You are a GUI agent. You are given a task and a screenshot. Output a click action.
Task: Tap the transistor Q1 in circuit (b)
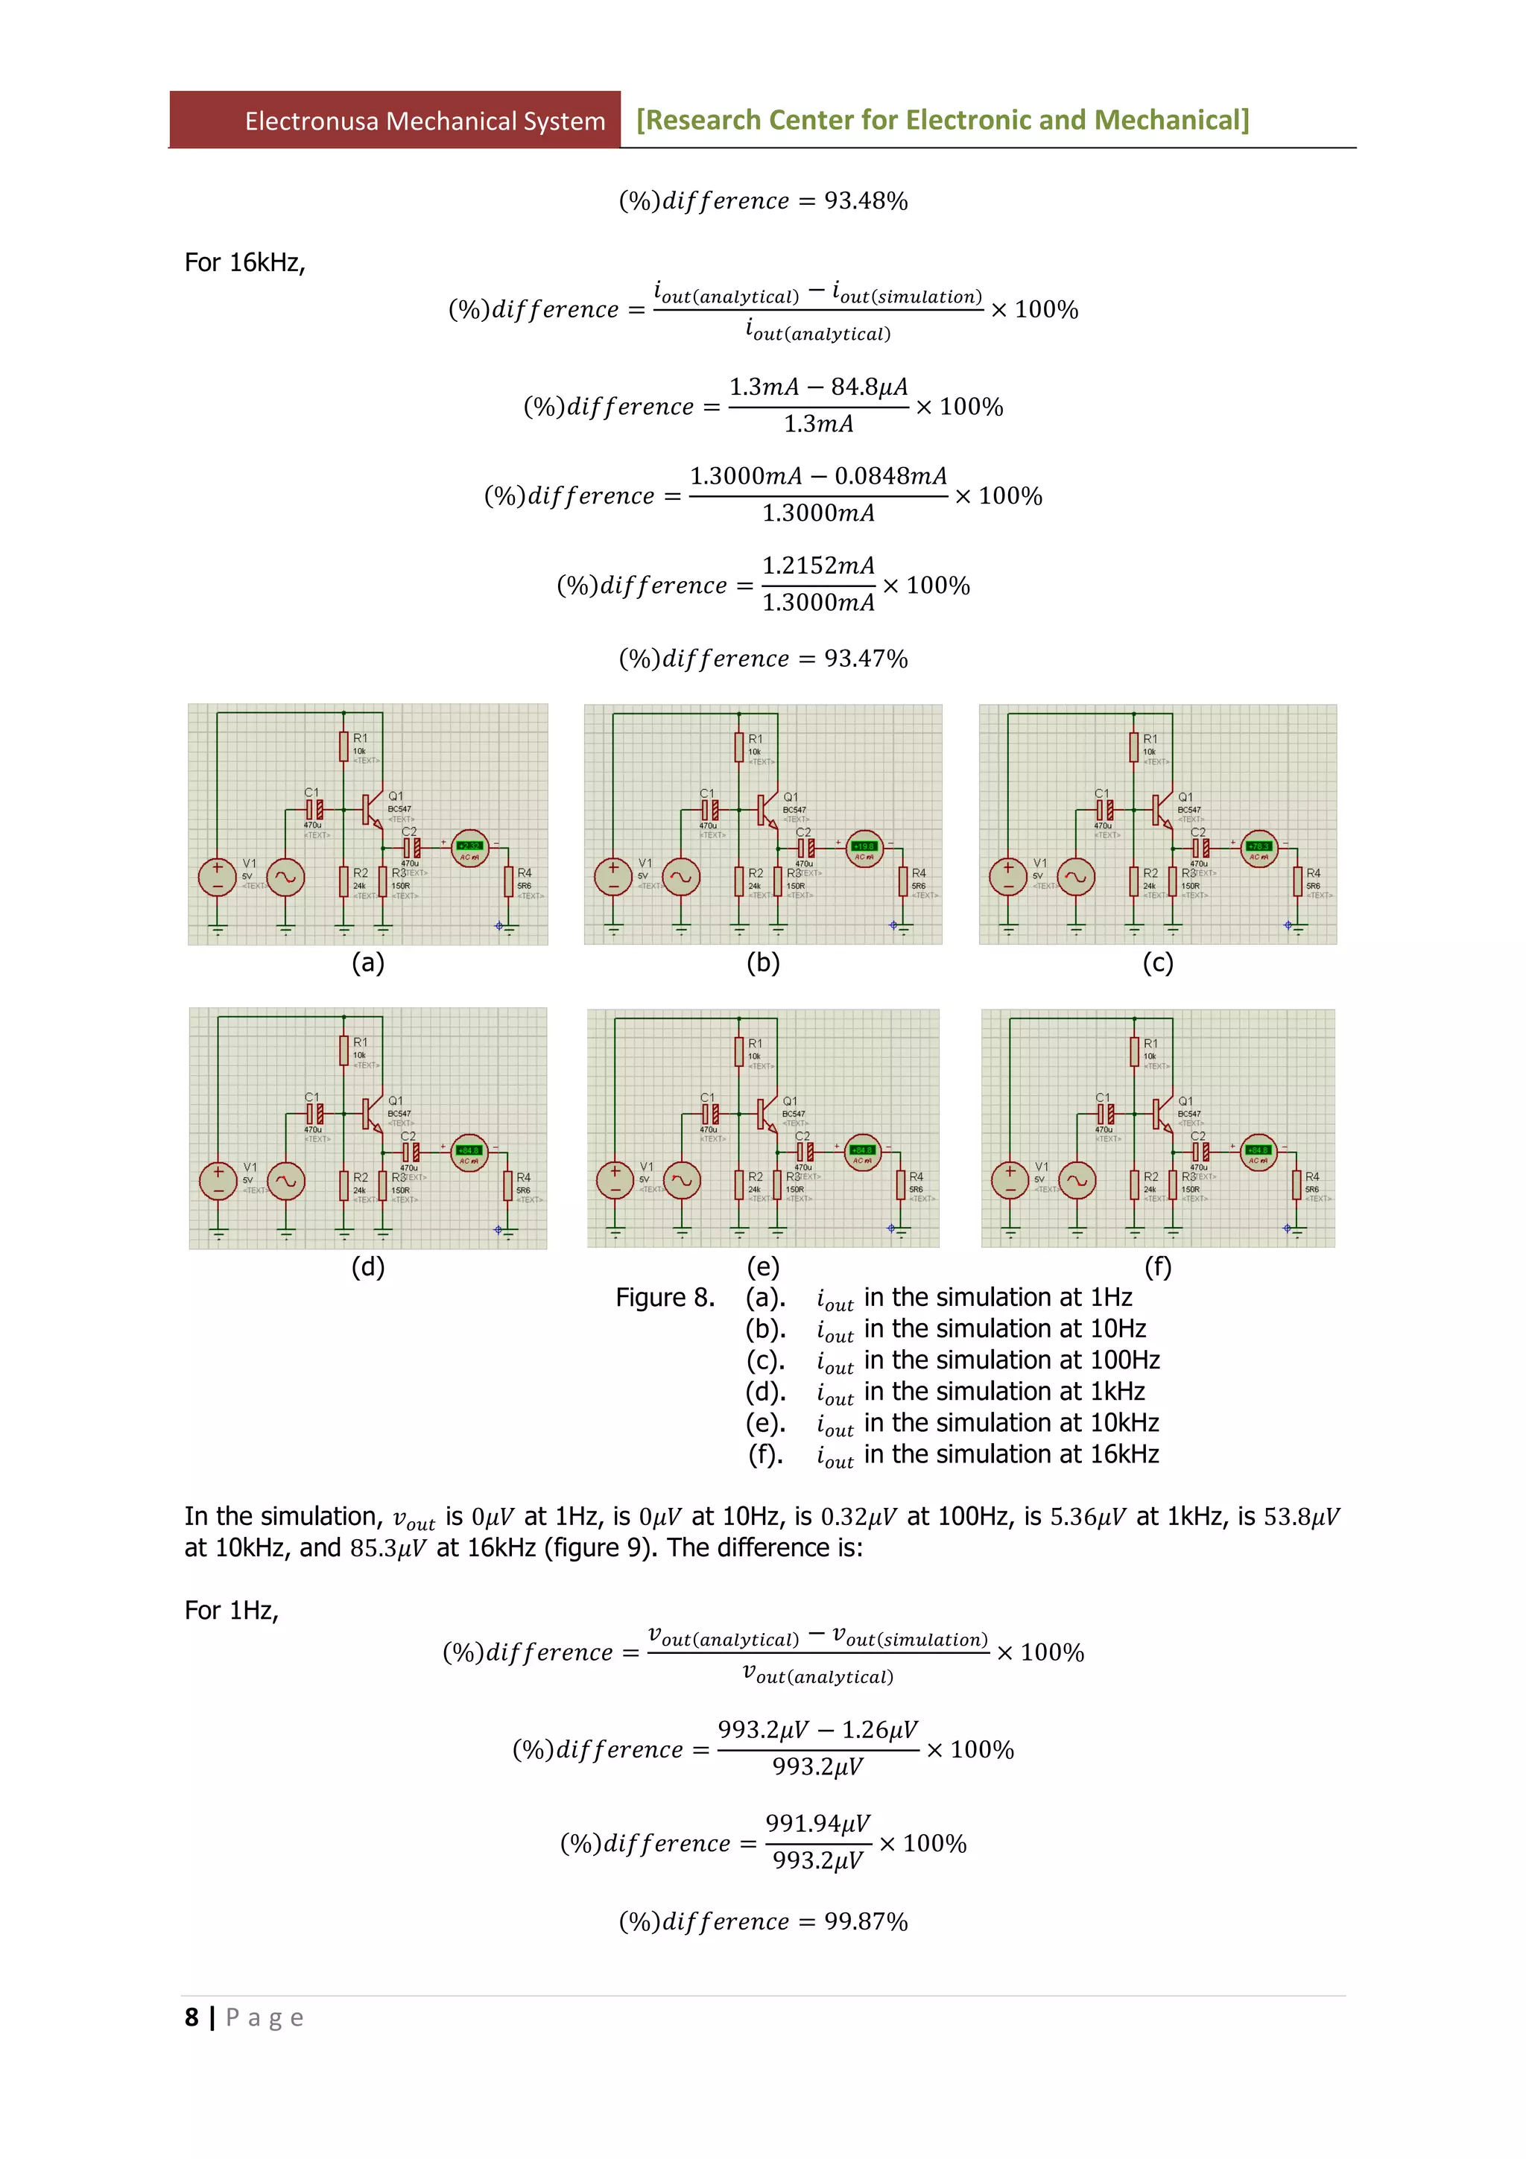pyautogui.click(x=765, y=808)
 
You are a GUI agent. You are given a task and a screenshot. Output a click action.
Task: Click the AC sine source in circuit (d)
pyautogui.click(x=286, y=1181)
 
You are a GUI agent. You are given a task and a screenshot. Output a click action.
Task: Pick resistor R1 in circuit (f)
pyautogui.click(x=1135, y=1050)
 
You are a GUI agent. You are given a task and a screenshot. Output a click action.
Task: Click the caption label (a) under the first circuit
pyautogui.click(x=367, y=963)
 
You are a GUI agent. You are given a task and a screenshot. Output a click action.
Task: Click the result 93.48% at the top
pyautogui.click(x=865, y=201)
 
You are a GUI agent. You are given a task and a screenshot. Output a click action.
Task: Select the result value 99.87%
pyautogui.click(x=865, y=1922)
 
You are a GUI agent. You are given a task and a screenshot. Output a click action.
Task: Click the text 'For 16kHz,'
pyautogui.click(x=244, y=263)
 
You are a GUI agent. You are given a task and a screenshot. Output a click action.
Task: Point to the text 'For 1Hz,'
pyautogui.click(x=231, y=1611)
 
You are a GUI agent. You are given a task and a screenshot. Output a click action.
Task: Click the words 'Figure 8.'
pyautogui.click(x=665, y=1298)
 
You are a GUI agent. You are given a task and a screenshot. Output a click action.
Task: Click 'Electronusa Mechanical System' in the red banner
pyautogui.click(x=425, y=121)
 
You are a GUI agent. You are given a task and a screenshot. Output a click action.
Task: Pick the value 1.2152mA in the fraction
pyautogui.click(x=818, y=566)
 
